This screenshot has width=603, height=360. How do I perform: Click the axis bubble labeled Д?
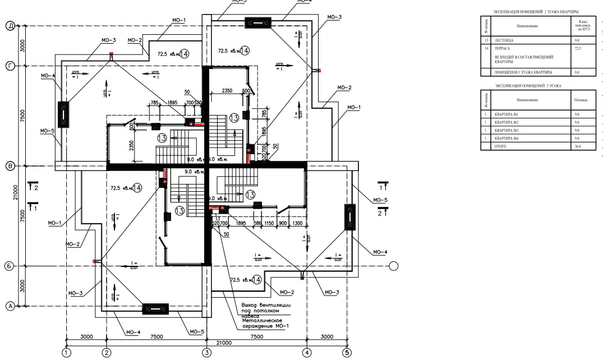(x=10, y=26)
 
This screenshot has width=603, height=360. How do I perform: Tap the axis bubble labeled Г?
(x=10, y=66)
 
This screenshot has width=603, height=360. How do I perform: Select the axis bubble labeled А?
(x=10, y=306)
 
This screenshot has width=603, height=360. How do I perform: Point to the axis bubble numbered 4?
(x=307, y=353)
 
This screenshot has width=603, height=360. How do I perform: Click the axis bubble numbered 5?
(x=347, y=353)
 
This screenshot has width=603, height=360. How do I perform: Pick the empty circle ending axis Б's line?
(x=394, y=266)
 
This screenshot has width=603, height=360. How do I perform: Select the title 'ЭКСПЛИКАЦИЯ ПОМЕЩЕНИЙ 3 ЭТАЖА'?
(x=527, y=85)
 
